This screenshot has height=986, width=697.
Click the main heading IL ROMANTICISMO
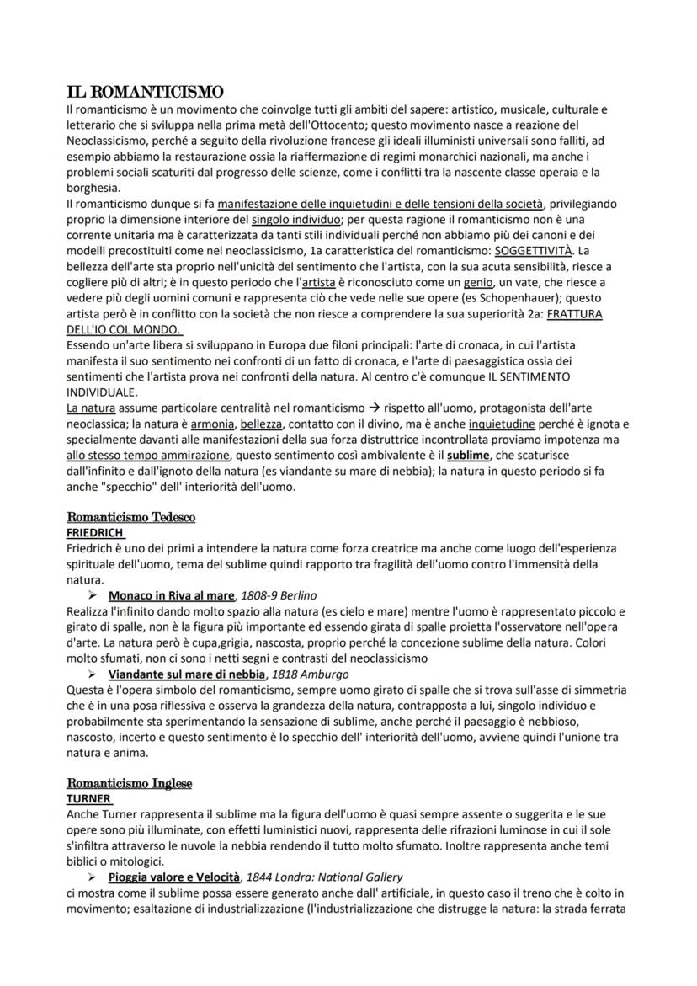pyautogui.click(x=145, y=91)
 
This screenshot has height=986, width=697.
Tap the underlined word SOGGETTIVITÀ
pyautogui.click(x=533, y=252)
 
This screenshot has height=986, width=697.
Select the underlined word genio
pyautogui.click(x=479, y=282)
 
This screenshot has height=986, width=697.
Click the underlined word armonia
pyautogui.click(x=211, y=424)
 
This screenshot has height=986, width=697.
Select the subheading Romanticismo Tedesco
pyautogui.click(x=130, y=517)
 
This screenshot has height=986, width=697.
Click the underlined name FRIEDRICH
pyautogui.click(x=95, y=533)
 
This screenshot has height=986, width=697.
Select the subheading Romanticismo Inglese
pyautogui.click(x=130, y=783)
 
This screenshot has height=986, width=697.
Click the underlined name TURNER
pyautogui.click(x=88, y=798)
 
